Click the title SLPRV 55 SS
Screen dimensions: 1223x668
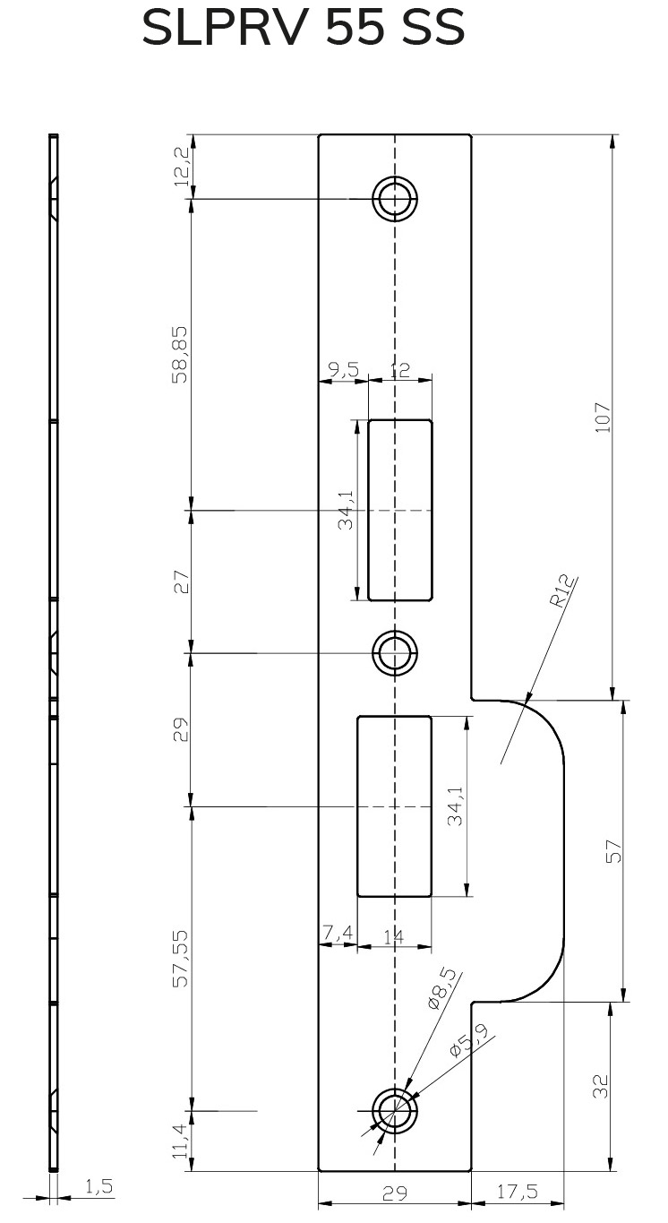tap(304, 30)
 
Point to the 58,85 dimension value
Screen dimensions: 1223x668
tap(180, 354)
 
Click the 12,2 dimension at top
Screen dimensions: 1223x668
tap(182, 166)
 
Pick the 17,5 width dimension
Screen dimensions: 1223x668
tap(517, 1192)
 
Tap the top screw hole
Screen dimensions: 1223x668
tap(395, 198)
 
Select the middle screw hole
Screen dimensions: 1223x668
tap(395, 652)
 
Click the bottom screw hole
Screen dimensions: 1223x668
tap(395, 1111)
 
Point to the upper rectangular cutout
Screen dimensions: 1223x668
tap(399, 510)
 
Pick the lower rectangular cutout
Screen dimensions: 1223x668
tap(394, 805)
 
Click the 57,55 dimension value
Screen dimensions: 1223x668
tap(180, 958)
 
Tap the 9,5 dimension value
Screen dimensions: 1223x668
tap(343, 370)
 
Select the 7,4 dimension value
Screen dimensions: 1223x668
tap(338, 935)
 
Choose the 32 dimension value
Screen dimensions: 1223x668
tap(602, 1086)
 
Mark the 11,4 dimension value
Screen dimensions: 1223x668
tap(180, 1141)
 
